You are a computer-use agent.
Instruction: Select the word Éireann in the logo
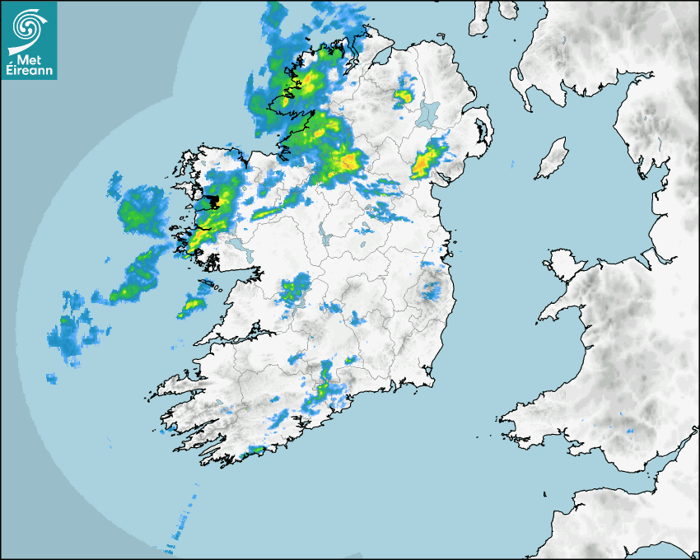pos(29,71)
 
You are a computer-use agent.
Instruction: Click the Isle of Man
pos(553,158)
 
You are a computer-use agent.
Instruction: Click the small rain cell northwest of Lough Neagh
pos(403,96)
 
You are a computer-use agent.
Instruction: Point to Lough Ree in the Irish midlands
pos(327,239)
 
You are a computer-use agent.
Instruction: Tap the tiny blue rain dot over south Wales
pos(630,431)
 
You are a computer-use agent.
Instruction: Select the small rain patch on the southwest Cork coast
pos(256,450)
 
